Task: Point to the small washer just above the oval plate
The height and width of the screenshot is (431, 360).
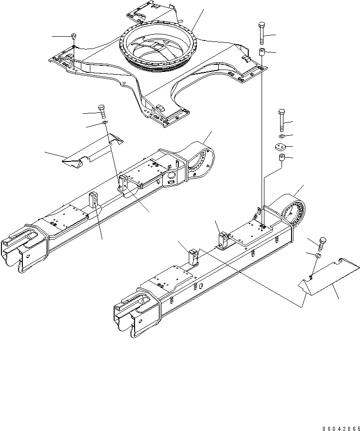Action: (x=281, y=137)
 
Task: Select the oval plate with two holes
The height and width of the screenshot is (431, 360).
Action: (x=280, y=147)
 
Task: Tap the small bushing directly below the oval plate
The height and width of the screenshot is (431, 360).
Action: (x=281, y=158)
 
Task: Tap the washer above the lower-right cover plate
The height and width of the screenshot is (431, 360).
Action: (x=317, y=257)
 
